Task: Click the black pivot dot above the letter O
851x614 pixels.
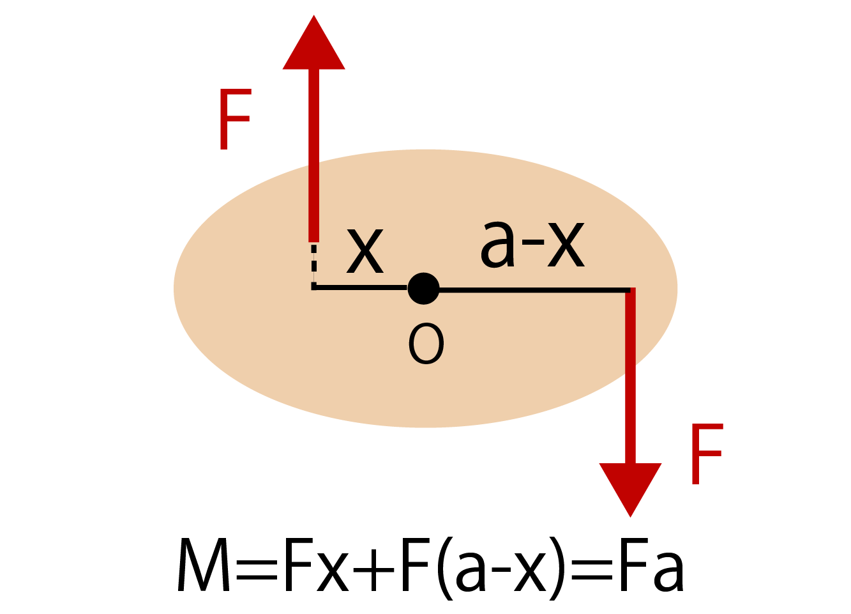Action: click(x=424, y=289)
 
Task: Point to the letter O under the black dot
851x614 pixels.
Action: click(x=426, y=344)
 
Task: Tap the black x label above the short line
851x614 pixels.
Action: click(x=365, y=251)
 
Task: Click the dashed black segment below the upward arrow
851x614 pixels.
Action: click(x=314, y=265)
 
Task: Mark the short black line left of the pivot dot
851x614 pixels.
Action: click(x=361, y=288)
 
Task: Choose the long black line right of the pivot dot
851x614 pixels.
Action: click(x=534, y=291)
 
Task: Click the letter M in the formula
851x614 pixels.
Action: click(x=204, y=565)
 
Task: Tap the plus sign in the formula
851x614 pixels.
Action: click(x=373, y=571)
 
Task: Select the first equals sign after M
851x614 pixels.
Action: click(x=257, y=571)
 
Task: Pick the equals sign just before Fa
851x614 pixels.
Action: click(x=592, y=571)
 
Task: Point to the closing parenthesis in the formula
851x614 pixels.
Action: click(x=557, y=569)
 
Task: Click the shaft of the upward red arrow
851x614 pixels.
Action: click(x=314, y=155)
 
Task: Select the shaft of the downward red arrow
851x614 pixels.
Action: click(x=630, y=376)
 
